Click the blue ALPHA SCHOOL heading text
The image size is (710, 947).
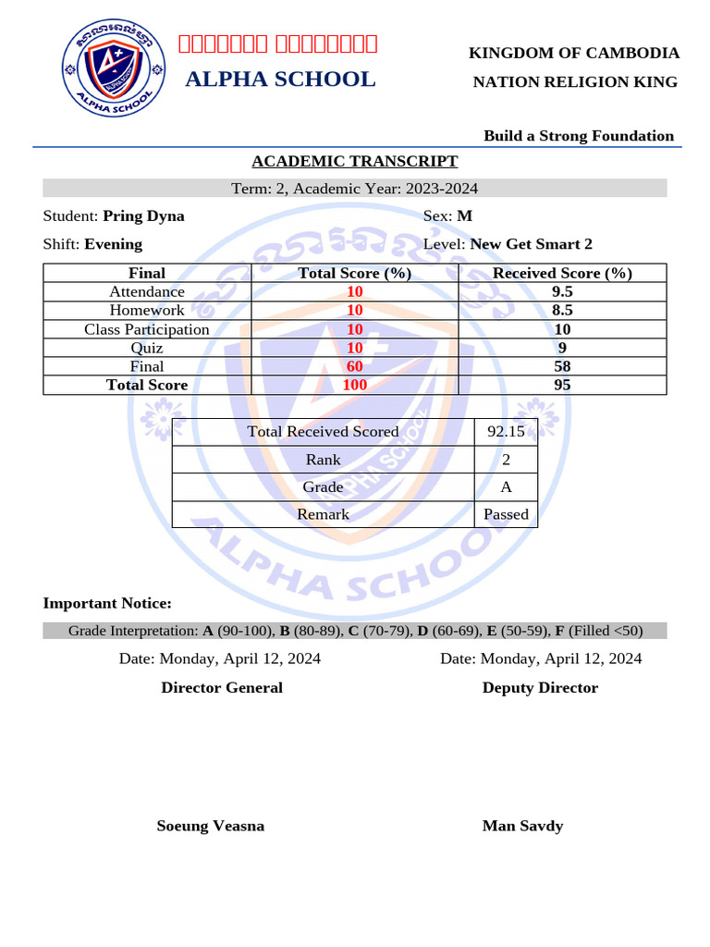[280, 80]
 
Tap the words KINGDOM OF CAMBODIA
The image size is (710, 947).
[574, 54]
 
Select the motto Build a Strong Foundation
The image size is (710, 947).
[579, 136]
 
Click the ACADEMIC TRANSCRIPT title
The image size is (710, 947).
[355, 161]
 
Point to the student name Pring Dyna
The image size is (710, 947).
[143, 216]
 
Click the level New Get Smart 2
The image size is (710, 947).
[531, 244]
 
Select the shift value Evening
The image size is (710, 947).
[113, 244]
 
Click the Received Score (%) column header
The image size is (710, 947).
[562, 273]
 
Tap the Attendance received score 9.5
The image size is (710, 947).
[562, 291]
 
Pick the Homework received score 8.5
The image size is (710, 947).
[562, 311]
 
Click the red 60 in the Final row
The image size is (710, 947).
[355, 366]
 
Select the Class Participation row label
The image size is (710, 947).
[147, 329]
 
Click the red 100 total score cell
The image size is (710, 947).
[355, 385]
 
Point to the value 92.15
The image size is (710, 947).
[506, 432]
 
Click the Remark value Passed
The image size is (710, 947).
[506, 514]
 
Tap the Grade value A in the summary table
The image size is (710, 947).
[506, 486]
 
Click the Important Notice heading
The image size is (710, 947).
[107, 603]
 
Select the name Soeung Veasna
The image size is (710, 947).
[211, 826]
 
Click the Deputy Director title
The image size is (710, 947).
[540, 688]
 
